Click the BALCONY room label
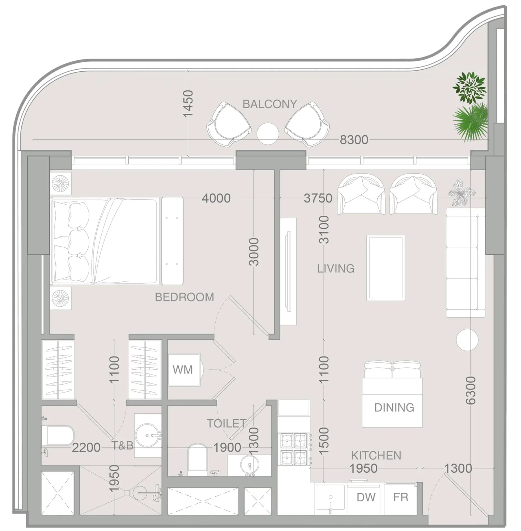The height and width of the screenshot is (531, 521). coord(270,104)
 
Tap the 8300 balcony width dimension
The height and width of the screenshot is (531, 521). coord(354,140)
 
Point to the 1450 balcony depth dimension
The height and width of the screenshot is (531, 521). coord(188,103)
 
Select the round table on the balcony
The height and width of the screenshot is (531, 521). coord(268,134)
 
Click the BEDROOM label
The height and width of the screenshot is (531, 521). coord(185,297)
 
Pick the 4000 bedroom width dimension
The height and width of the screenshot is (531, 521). coord(216,198)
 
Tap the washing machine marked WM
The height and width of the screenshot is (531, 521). coord(184,369)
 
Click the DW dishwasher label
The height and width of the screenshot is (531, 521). coord(366,497)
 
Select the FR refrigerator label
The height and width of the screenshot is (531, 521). coord(401,497)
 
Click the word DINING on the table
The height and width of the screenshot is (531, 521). coord(394,407)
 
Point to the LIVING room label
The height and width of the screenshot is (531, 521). coord(336,268)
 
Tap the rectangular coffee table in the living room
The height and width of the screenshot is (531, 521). coord(386,268)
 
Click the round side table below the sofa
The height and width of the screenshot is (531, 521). coord(467,340)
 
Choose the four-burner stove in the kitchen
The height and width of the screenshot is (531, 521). coord(294,449)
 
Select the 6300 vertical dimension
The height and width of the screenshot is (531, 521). coord(470,390)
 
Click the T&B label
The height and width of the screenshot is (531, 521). coord(122,445)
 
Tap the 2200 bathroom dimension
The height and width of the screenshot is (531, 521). coord(86,448)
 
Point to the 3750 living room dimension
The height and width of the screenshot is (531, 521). coord(318,198)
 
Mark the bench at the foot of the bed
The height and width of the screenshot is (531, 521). coord(172,241)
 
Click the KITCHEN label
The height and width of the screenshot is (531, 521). coord(376,455)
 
